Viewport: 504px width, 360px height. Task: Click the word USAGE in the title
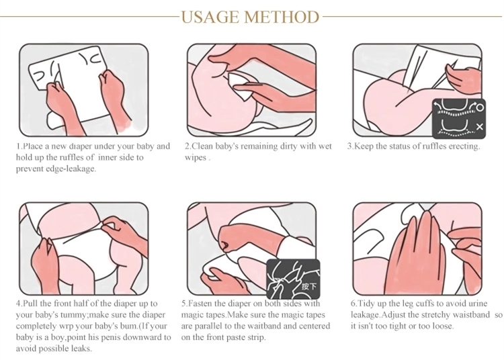[x=211, y=17]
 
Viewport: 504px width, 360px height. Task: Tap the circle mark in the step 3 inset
[x=480, y=107]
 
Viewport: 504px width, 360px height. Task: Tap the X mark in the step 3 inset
[x=480, y=127]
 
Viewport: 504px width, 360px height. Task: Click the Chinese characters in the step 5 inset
[x=309, y=286]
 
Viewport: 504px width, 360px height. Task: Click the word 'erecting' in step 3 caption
[x=464, y=146]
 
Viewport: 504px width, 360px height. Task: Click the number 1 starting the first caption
[x=18, y=146]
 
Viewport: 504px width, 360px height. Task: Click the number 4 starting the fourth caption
[x=18, y=304]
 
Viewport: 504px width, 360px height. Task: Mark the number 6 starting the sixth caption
[x=353, y=304]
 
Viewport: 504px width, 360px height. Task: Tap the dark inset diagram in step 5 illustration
[x=293, y=279]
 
